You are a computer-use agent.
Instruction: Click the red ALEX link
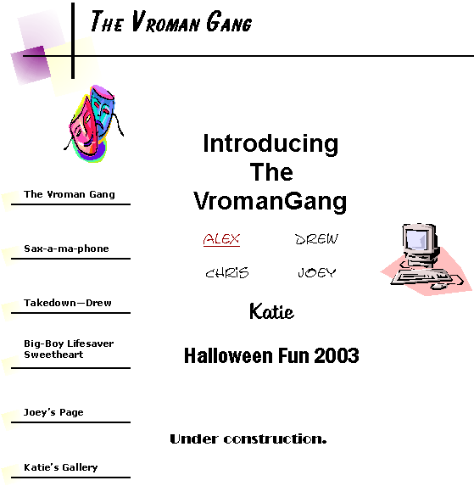221,239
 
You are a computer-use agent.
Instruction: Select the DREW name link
316,239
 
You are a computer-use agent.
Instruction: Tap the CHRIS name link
227,273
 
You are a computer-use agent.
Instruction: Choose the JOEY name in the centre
316,273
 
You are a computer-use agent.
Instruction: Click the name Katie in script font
271,311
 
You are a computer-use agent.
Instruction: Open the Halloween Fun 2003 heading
271,355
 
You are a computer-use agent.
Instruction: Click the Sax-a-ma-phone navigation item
66,249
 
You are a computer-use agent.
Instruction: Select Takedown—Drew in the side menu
68,303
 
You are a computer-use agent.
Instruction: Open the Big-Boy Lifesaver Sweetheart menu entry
69,349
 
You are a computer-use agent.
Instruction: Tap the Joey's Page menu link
53,412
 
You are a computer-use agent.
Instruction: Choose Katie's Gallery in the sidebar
61,467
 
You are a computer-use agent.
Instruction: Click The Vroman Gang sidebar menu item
70,194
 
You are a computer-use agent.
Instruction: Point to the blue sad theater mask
103,110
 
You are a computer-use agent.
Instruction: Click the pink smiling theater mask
83,129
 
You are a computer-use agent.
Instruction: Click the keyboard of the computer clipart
422,277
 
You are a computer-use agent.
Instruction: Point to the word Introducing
270,144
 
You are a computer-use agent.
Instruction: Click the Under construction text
248,439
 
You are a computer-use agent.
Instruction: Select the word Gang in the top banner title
229,21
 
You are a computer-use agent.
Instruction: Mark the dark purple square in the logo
31,65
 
